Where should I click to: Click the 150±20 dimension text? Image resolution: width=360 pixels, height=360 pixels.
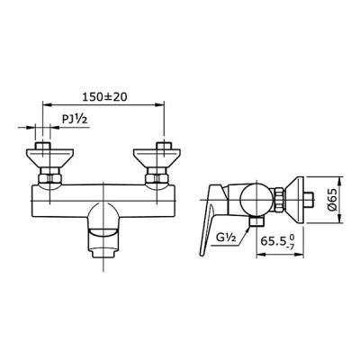pyautogui.click(x=104, y=96)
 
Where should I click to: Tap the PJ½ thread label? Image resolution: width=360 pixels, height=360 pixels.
pyautogui.click(x=75, y=119)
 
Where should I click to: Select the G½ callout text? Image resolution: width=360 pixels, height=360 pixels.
pyautogui.click(x=227, y=238)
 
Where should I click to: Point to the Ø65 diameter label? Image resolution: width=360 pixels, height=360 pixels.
pyautogui.click(x=332, y=200)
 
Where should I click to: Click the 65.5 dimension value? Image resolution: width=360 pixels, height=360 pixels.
pyautogui.click(x=273, y=241)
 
